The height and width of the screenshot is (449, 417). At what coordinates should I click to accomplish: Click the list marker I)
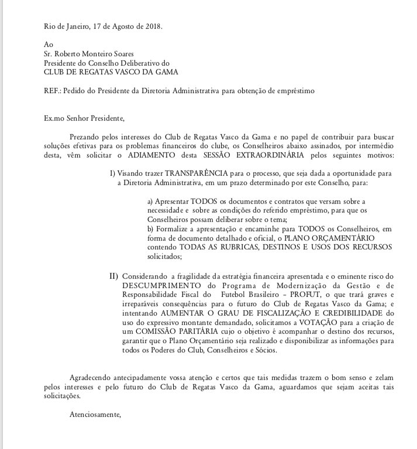(x=113, y=173)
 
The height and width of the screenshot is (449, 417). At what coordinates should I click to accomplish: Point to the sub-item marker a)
(x=151, y=200)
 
